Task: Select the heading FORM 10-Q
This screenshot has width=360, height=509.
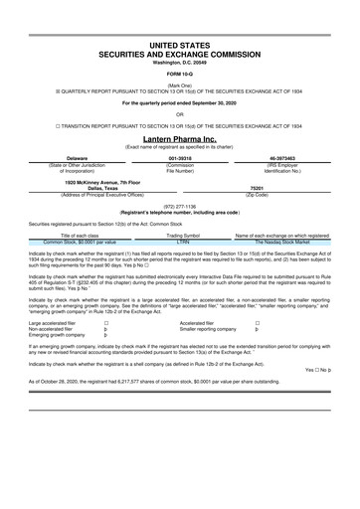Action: click(x=180, y=75)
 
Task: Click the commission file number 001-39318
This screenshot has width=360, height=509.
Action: click(x=180, y=157)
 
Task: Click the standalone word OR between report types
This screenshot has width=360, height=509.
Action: click(x=180, y=113)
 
